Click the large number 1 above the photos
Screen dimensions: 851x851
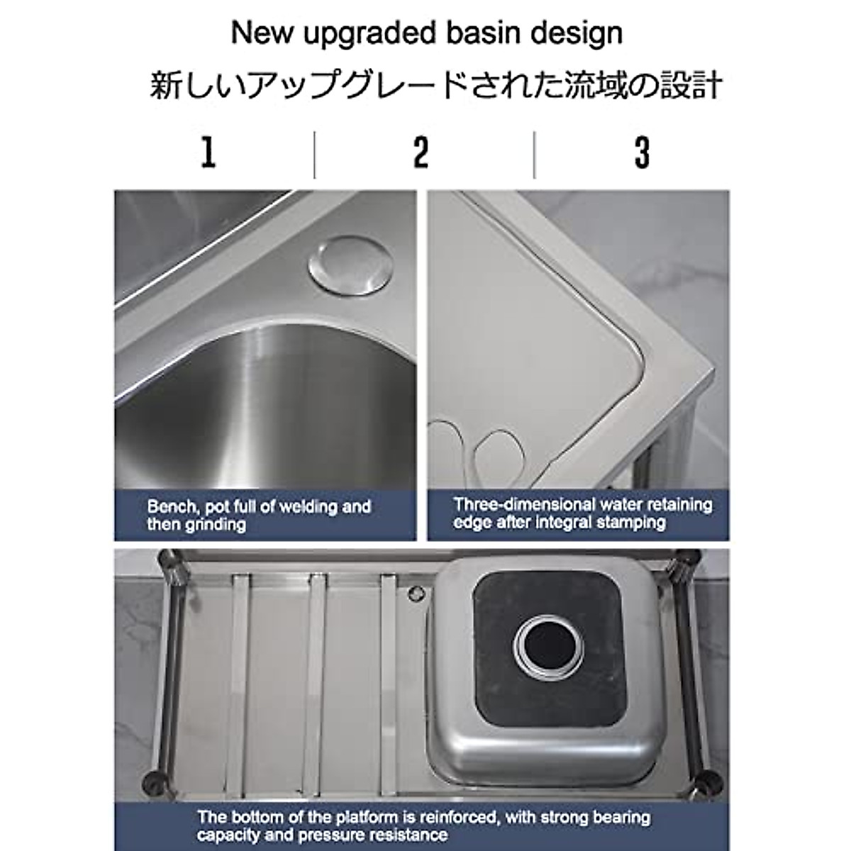click(208, 152)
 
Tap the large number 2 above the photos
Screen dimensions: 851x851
click(421, 152)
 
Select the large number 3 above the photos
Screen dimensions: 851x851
click(642, 152)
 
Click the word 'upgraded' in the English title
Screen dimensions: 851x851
click(349, 33)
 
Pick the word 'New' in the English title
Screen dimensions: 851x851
click(256, 33)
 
